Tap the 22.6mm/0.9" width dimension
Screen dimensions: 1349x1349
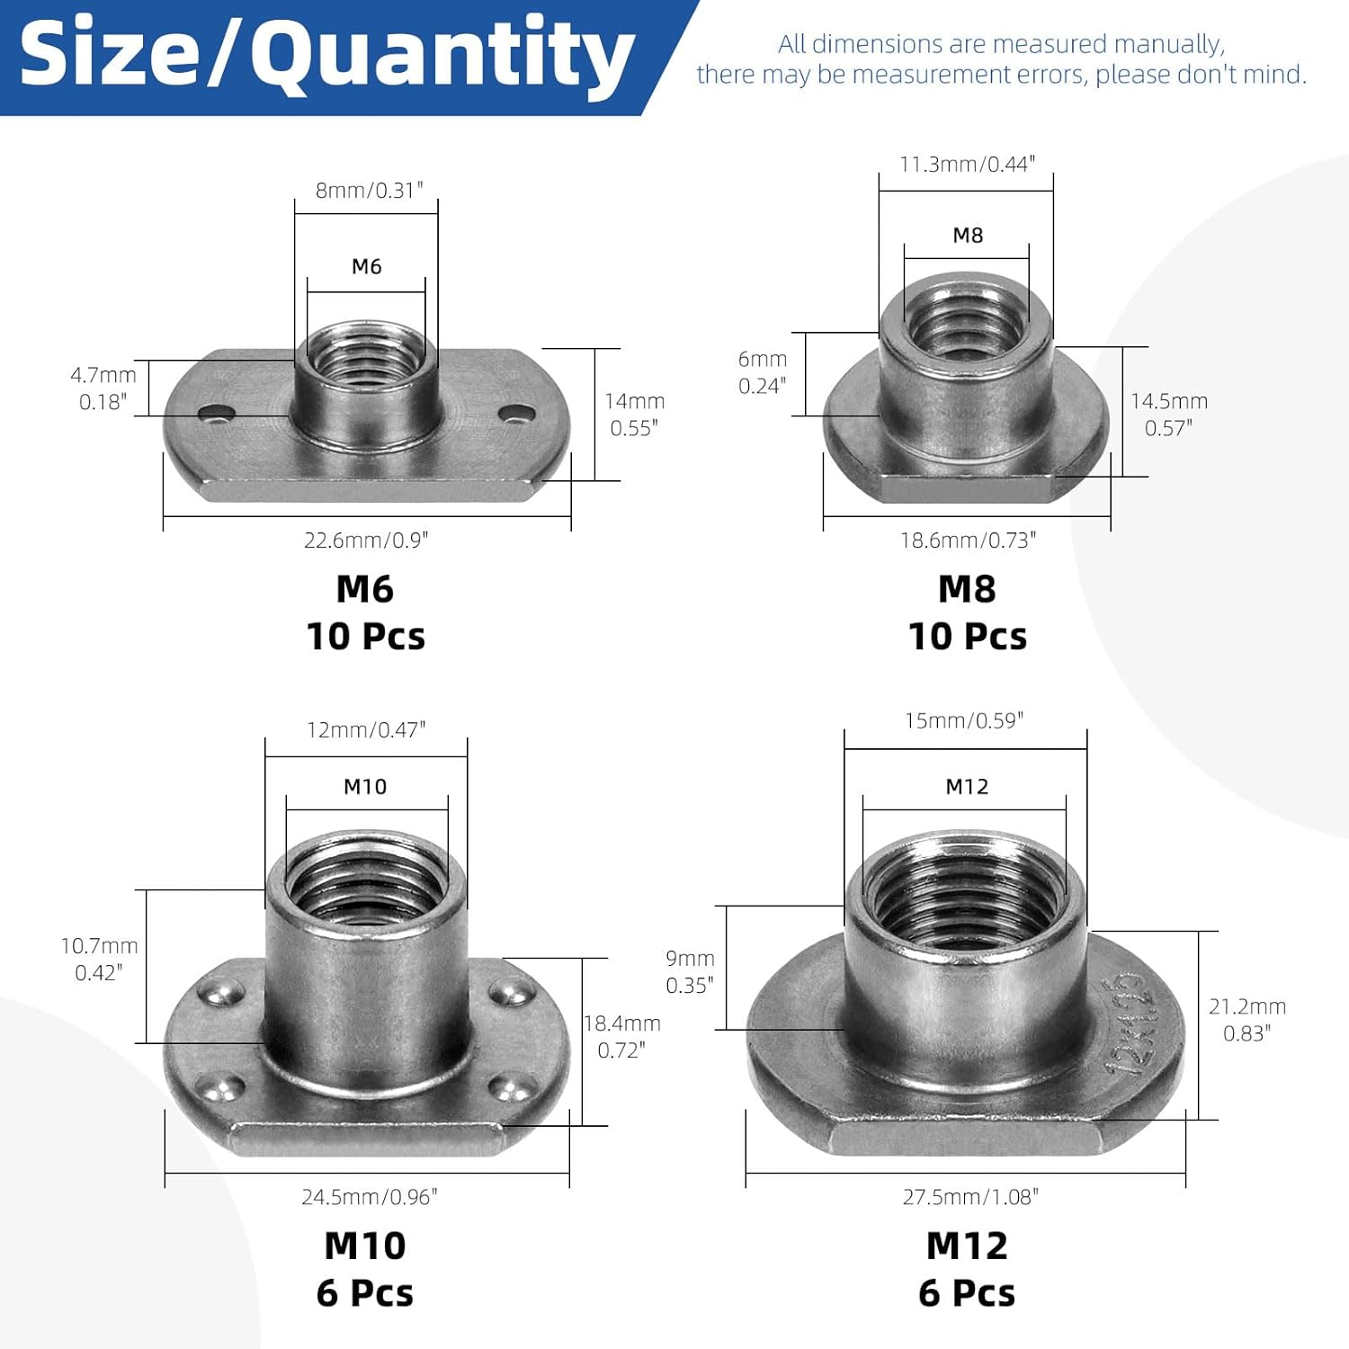(x=366, y=540)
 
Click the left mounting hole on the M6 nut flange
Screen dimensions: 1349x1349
(x=216, y=413)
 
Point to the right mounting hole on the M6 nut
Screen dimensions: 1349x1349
(x=516, y=413)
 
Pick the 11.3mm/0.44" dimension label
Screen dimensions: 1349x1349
(x=968, y=165)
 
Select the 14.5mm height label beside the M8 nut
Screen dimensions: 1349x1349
(x=1169, y=402)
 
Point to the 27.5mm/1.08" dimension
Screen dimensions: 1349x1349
(x=970, y=1197)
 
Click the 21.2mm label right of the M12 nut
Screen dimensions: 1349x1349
(x=1247, y=1007)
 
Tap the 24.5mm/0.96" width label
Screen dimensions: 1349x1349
(x=369, y=1197)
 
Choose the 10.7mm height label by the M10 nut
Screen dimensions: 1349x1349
(x=99, y=946)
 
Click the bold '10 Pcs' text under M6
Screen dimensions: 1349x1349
(x=366, y=637)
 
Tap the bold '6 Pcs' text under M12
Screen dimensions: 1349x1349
(x=967, y=1293)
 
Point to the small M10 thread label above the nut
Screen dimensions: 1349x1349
(x=365, y=787)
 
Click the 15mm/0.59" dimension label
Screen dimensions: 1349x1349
(x=964, y=721)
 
